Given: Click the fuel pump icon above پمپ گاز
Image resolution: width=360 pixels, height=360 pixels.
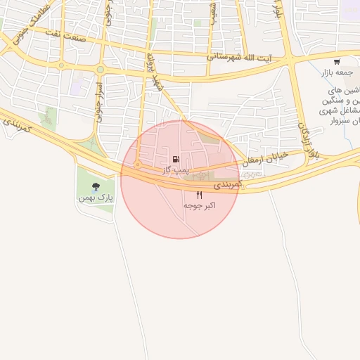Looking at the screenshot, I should pyautogui.click(x=175, y=160).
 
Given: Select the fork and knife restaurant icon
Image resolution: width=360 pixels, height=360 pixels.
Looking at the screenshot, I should pyautogui.click(x=199, y=195).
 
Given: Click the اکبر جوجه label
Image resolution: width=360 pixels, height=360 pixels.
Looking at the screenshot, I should pyautogui.click(x=199, y=205).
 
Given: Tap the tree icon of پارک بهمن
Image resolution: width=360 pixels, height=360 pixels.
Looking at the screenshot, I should pyautogui.click(x=96, y=186).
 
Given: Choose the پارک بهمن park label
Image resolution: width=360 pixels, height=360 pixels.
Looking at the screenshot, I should pyautogui.click(x=96, y=198).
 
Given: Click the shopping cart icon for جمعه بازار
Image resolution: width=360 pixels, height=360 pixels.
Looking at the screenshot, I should pyautogui.click(x=337, y=62).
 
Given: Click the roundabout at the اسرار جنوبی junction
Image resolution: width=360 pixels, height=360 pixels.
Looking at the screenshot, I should pyautogui.click(x=99, y=70).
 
